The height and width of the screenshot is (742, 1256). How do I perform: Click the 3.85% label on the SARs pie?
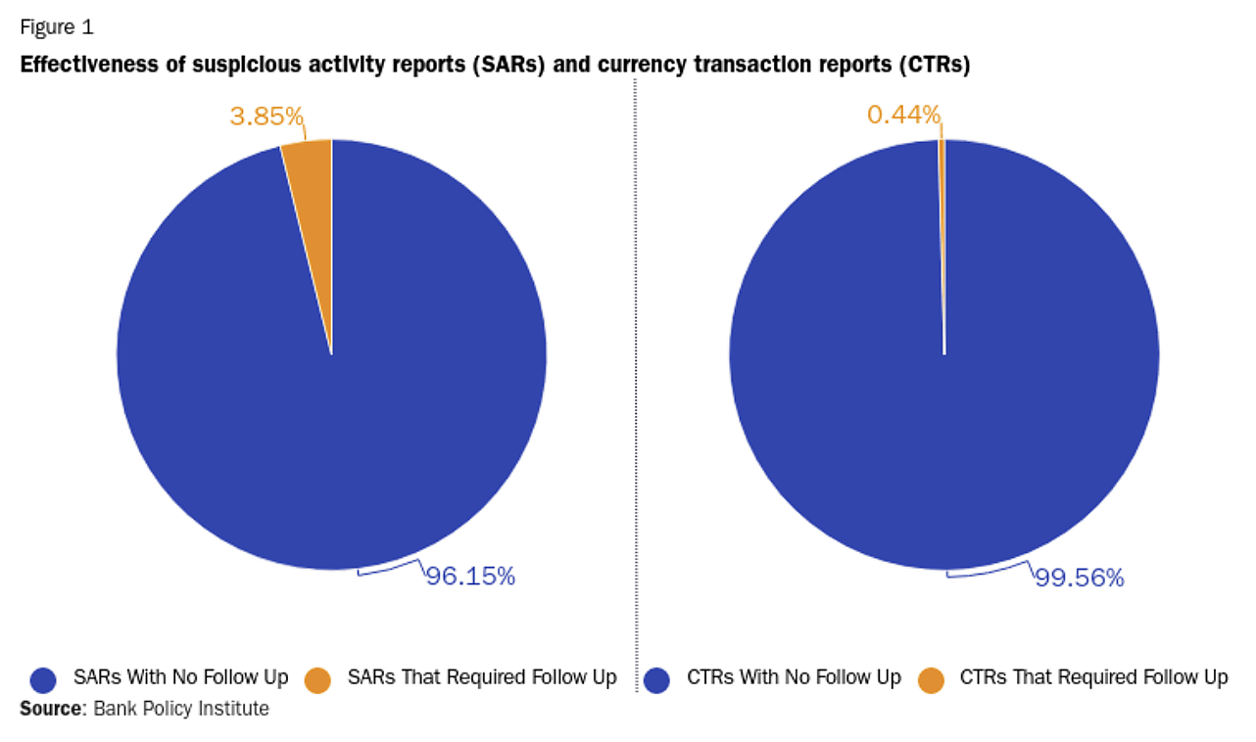pyautogui.click(x=266, y=116)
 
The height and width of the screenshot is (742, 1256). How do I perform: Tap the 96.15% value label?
pyautogui.click(x=470, y=576)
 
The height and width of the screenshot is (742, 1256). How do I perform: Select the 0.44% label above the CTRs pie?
pyautogui.click(x=903, y=115)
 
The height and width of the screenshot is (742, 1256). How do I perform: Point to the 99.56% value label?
pyautogui.click(x=1080, y=578)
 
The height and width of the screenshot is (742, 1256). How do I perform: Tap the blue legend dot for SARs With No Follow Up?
pyautogui.click(x=44, y=679)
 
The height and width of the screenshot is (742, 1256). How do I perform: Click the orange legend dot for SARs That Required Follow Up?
pyautogui.click(x=318, y=679)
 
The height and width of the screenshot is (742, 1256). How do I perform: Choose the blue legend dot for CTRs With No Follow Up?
pyautogui.click(x=656, y=679)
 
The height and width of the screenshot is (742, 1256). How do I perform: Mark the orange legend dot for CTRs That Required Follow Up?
pyautogui.click(x=931, y=679)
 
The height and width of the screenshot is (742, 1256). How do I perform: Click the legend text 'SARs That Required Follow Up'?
pyautogui.click(x=482, y=677)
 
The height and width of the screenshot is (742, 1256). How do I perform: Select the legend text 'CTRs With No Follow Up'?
pyautogui.click(x=794, y=677)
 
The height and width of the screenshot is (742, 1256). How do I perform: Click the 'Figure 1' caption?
pyautogui.click(x=57, y=27)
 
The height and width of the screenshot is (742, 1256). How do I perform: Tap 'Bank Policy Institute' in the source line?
pyautogui.click(x=181, y=709)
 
